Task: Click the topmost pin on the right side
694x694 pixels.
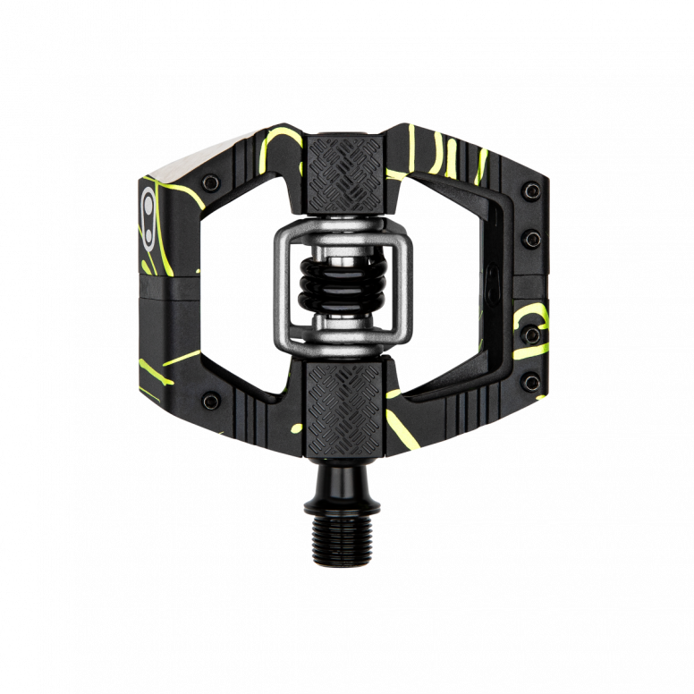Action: coord(534,189)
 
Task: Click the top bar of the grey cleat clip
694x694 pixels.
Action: coord(346,227)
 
